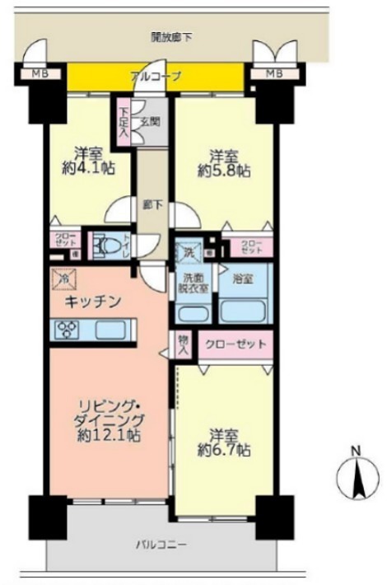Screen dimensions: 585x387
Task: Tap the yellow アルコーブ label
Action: point(156,77)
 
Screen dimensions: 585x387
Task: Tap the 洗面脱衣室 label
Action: point(195,283)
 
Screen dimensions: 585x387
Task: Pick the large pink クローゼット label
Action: point(234,344)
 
